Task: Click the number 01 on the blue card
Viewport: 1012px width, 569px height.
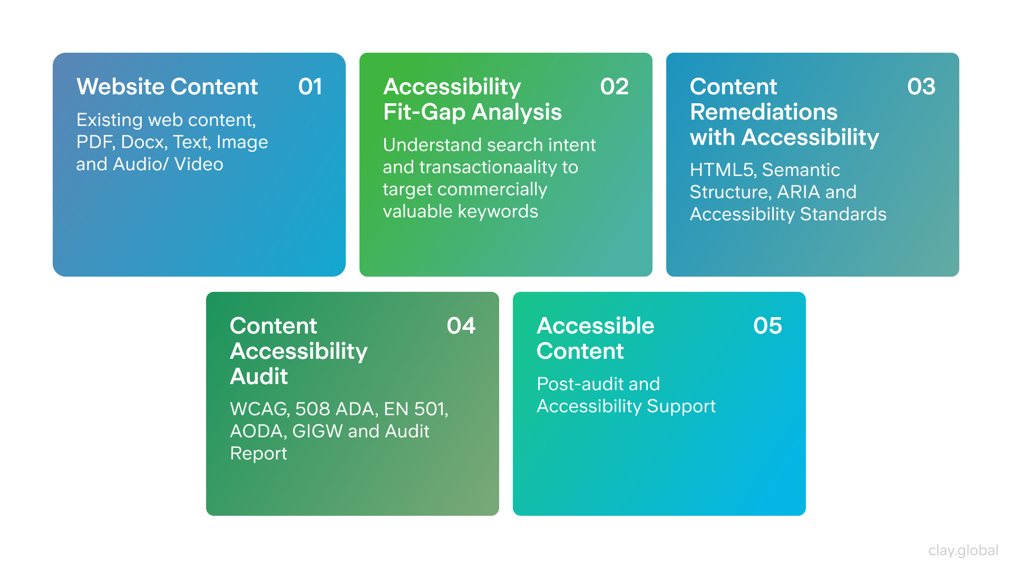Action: click(310, 86)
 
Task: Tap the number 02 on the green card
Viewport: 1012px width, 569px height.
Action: click(614, 86)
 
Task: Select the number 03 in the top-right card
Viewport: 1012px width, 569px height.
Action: click(921, 86)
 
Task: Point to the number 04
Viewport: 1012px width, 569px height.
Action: click(461, 326)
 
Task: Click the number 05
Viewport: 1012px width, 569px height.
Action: click(767, 326)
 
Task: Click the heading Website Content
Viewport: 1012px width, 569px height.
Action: click(167, 86)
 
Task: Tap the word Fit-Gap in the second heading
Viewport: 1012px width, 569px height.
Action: click(424, 112)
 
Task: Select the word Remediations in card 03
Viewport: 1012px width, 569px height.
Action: click(763, 112)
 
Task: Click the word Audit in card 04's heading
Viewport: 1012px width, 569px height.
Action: click(259, 376)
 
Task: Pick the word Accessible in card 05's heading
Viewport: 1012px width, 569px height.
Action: click(595, 326)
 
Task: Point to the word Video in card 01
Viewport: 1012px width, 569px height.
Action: click(199, 164)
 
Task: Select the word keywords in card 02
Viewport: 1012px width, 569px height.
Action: click(498, 211)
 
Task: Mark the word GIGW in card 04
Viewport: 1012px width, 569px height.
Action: click(317, 431)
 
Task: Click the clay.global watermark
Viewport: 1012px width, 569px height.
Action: click(963, 550)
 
